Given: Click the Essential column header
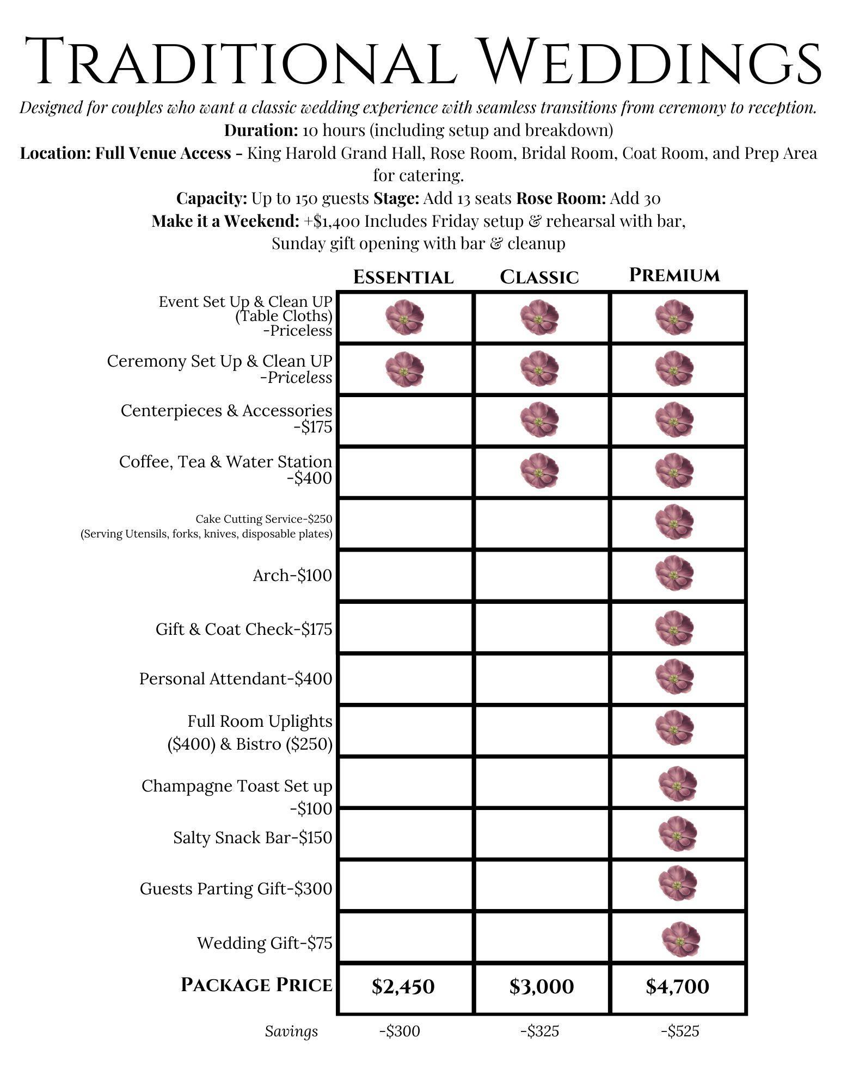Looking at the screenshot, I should [403, 277].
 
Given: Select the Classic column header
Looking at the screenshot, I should [539, 277].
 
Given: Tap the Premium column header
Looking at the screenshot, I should [674, 275].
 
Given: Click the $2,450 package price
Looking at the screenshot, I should [403, 986].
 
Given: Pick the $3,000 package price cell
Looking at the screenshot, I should [542, 986].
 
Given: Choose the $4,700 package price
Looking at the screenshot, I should [678, 986].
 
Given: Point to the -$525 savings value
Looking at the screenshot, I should [680, 1031].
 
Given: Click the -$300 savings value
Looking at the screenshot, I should [400, 1031].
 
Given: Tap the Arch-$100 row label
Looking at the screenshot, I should [292, 575].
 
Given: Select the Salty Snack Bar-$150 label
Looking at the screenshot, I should [253, 837].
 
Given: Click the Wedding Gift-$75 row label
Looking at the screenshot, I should [265, 943].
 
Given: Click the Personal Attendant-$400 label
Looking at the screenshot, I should [236, 678].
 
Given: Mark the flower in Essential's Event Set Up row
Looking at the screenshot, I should [404, 317].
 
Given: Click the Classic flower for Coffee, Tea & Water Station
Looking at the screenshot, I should [539, 471].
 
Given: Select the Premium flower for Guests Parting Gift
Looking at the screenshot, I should [677, 883].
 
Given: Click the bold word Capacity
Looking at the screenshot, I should [212, 199].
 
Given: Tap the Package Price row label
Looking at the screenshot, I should [256, 985].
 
